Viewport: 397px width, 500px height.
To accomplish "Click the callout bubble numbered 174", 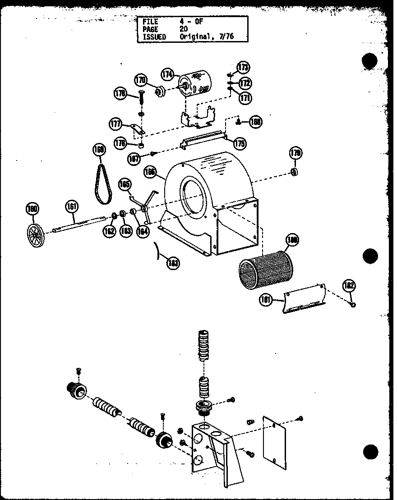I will [168, 74].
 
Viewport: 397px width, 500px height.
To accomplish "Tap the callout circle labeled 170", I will [141, 81].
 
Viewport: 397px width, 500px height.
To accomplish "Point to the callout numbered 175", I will [240, 143].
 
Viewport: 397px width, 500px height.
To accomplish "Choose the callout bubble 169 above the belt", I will [98, 149].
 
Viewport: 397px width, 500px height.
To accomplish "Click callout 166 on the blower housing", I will [150, 171].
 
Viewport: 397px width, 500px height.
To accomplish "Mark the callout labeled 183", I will [172, 263].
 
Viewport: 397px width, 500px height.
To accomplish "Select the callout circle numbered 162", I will [109, 231].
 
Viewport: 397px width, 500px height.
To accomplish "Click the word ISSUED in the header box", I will [154, 37].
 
